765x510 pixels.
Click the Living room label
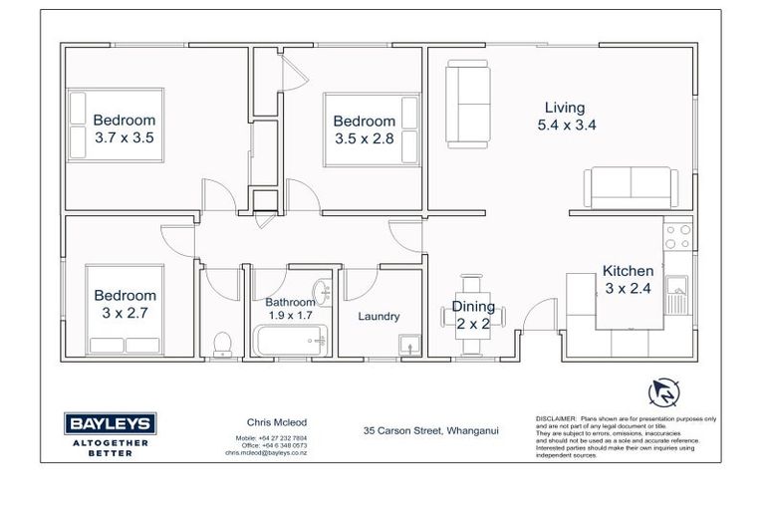click(564, 108)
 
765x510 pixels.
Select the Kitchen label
click(628, 271)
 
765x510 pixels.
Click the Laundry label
click(379, 317)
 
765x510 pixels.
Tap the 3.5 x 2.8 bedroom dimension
click(364, 138)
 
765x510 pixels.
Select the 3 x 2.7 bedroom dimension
click(125, 313)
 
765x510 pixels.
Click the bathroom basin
click(322, 292)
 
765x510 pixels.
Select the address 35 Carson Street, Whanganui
click(430, 430)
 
